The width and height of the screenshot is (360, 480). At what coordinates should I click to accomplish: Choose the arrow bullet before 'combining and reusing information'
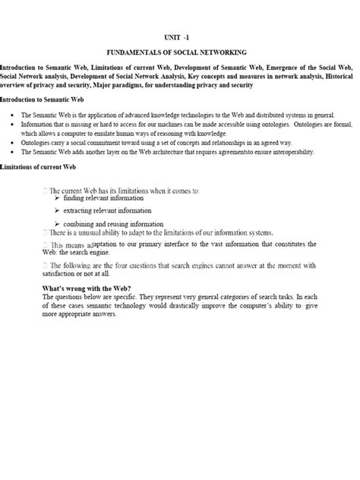[58, 224]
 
